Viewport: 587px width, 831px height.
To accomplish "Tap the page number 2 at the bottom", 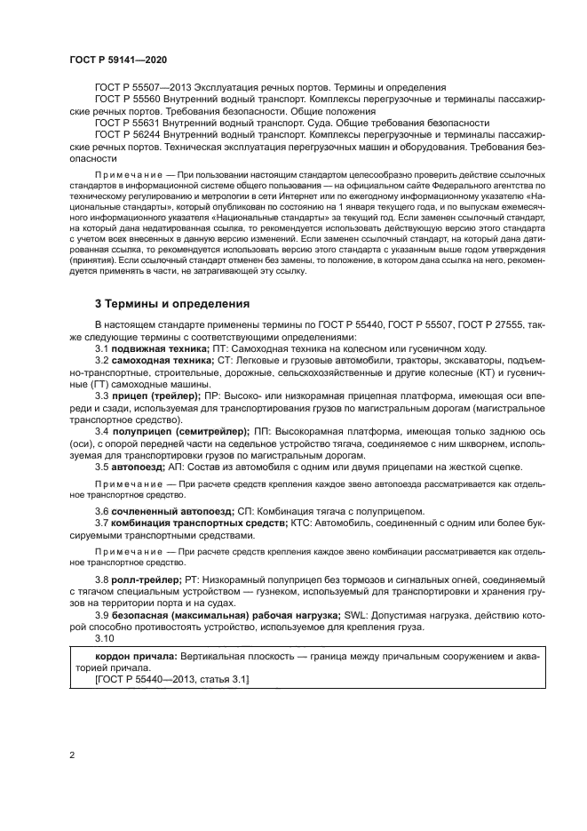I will click(x=70, y=755).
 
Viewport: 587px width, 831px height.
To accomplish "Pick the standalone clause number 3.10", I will click(x=105, y=639).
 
